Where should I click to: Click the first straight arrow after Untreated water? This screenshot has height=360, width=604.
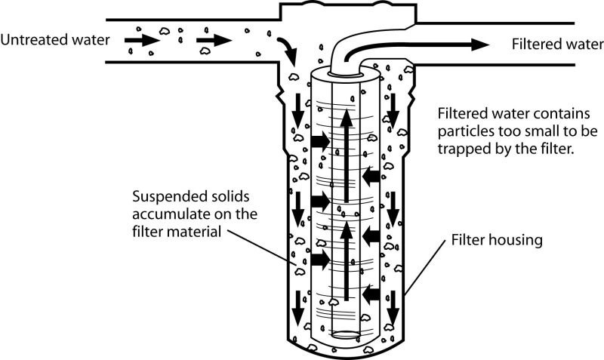(x=137, y=37)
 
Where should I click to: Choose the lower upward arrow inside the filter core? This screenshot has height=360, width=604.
(x=345, y=260)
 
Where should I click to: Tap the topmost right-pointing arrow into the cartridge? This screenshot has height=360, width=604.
(x=319, y=140)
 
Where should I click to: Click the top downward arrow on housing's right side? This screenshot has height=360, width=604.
(x=393, y=112)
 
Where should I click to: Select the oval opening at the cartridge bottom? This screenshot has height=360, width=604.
(x=345, y=334)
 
